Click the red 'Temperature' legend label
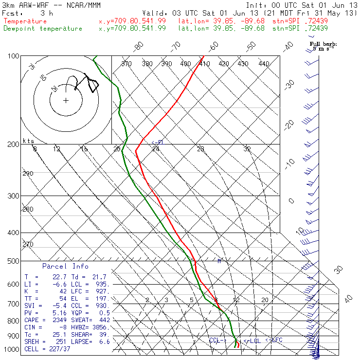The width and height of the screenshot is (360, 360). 25,21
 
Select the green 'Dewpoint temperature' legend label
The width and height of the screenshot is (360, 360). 43,28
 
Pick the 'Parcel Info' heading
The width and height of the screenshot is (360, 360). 65,266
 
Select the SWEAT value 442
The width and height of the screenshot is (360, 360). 104,321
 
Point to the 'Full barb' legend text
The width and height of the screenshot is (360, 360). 324,44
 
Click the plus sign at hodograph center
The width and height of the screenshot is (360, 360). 66,100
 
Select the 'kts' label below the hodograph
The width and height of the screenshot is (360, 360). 28,141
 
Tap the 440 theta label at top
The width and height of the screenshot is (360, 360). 264,64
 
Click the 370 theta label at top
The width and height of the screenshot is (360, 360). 126,64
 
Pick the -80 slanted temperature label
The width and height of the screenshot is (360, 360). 139,46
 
